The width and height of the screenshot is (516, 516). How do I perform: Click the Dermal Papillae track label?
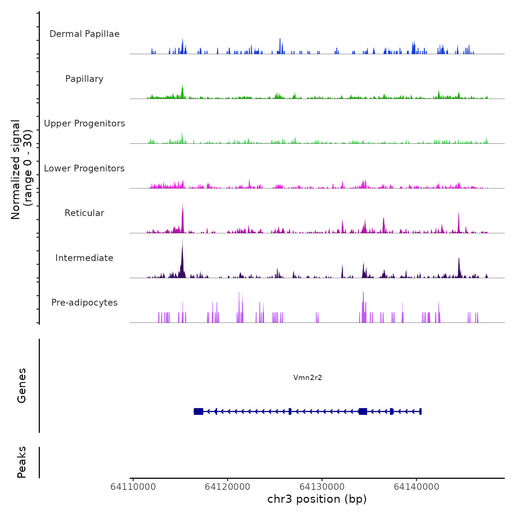pos(84,34)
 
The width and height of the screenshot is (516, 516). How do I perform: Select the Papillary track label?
pos(84,79)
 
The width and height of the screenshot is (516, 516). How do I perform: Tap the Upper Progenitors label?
pos(84,123)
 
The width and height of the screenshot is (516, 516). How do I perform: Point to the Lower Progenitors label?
pos(84,168)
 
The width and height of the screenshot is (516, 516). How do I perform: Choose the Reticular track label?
pos(84,213)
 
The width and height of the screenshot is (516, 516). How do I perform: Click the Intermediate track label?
pos(84,258)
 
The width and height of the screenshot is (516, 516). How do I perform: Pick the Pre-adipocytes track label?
pos(84,303)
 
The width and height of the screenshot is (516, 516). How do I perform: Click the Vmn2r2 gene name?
pos(308,377)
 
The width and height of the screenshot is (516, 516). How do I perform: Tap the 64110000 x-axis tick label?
pos(133,487)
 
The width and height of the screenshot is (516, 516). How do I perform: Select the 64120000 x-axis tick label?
pos(227,487)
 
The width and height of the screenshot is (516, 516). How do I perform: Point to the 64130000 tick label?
pos(322,487)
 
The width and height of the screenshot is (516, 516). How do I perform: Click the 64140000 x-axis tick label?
pos(416,487)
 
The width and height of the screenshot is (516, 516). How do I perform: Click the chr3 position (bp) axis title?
pos(317,499)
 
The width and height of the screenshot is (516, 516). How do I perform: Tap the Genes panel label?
pos(21,386)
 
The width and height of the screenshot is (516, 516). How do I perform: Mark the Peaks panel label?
pos(21,462)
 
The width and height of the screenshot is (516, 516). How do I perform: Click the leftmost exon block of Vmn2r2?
pos(199,411)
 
